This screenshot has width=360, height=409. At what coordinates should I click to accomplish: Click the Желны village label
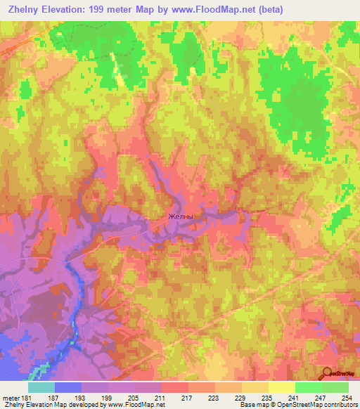click(x=180, y=217)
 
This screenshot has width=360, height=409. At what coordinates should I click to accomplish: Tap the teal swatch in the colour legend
click(x=41, y=387)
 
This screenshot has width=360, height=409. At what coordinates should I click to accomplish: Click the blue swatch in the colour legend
click(x=68, y=387)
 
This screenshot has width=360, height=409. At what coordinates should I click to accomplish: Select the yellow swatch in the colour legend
click(x=281, y=387)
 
